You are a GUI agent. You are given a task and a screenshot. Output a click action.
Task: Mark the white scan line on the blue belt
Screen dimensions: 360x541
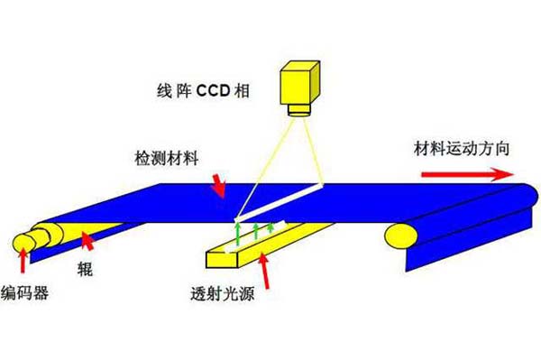[x=280, y=204]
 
